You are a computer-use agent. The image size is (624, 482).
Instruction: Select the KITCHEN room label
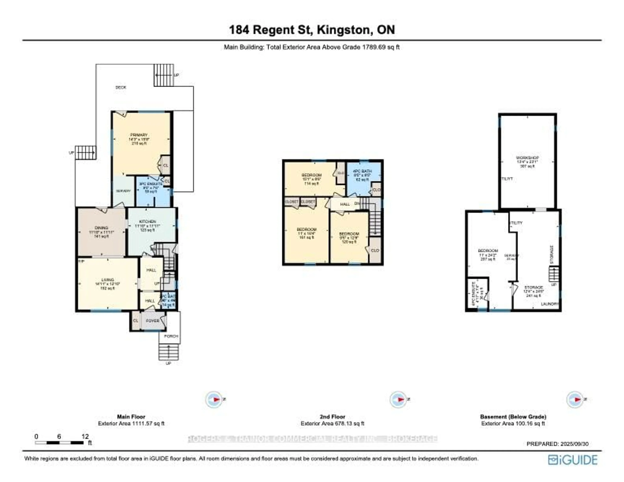(x=147, y=221)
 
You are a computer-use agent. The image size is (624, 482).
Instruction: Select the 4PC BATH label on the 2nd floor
(x=362, y=171)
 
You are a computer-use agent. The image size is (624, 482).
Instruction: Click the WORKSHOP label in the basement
(x=527, y=158)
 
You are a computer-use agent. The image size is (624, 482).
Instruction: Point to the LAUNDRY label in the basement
(x=550, y=304)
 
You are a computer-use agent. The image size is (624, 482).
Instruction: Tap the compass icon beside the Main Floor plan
(x=214, y=399)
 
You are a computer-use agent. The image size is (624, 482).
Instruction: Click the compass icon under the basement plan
(x=575, y=399)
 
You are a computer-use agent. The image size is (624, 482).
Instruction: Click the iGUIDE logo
(x=573, y=460)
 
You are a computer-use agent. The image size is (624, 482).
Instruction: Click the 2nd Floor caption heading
(x=332, y=417)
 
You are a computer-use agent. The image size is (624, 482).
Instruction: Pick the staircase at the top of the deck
(x=164, y=75)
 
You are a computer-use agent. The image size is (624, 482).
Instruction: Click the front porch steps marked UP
(x=169, y=352)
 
